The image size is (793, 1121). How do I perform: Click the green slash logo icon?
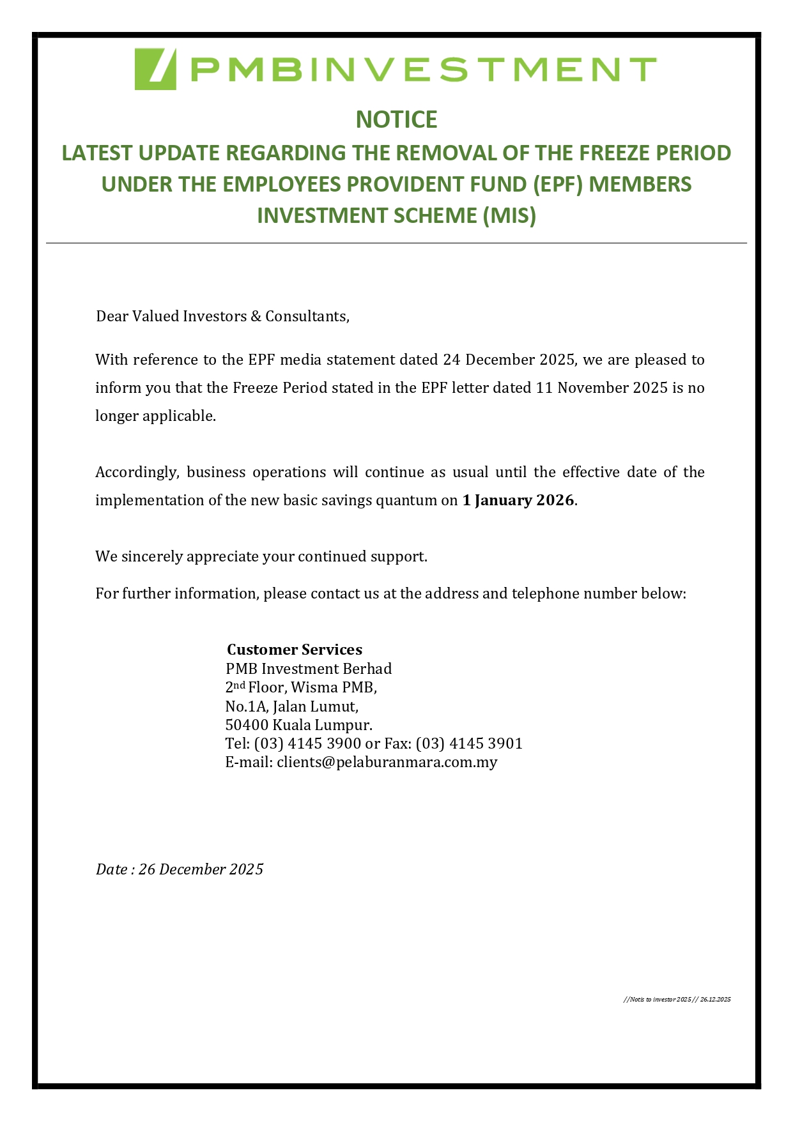click(x=155, y=69)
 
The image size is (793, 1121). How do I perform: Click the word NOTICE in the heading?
click(x=396, y=119)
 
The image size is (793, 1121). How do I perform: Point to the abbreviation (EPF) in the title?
click(x=559, y=185)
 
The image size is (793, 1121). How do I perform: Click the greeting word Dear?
click(x=112, y=316)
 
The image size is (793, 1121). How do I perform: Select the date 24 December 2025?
click(x=509, y=360)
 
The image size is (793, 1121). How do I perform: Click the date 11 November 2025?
click(x=601, y=388)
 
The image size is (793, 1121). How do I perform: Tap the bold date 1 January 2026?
click(x=518, y=500)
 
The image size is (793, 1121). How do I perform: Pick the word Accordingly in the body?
click(x=137, y=472)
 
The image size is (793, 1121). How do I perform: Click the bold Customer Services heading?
click(x=295, y=650)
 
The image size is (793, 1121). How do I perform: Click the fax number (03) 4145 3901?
click(x=469, y=744)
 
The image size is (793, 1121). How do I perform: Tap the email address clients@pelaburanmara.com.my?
click(x=387, y=762)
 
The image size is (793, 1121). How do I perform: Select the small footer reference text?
click(x=677, y=999)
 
